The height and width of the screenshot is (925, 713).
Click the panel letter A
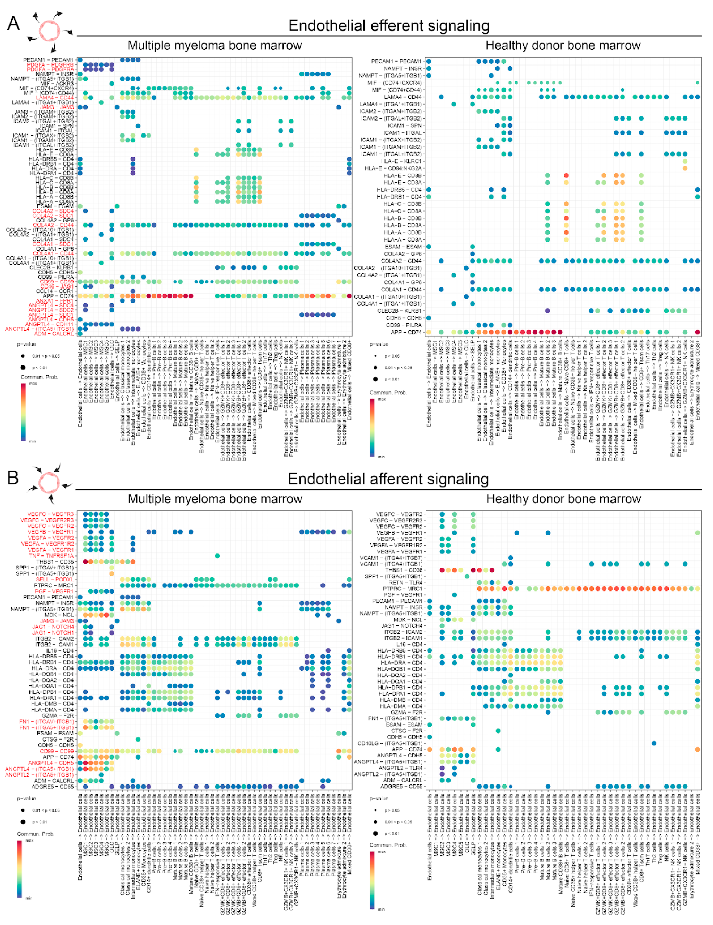point(14,23)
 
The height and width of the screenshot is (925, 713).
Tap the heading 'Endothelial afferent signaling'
point(388,479)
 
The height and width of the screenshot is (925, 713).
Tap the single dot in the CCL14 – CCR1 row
point(133,291)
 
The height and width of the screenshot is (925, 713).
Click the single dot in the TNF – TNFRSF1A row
point(217,556)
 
